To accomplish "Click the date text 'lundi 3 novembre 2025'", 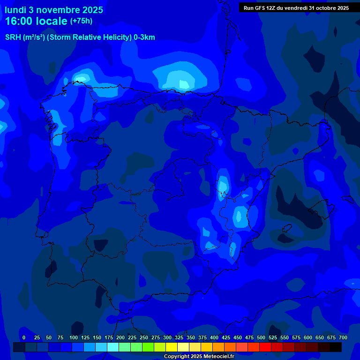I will [54, 10].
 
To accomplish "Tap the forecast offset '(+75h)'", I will [81, 21].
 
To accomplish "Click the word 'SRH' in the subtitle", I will [13, 37].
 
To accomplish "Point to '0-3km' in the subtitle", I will [144, 37].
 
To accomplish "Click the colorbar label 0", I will [24, 338].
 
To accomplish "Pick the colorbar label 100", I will [74, 338].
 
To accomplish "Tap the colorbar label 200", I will [120, 338].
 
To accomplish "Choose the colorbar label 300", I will [167, 338].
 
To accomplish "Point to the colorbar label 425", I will [226, 338].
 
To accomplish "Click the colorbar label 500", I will [261, 338].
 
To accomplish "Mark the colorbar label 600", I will [308, 338].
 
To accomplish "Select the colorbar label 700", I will [343, 338].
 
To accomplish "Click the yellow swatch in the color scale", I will [172, 347].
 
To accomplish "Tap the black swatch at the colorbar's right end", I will [336, 347].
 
